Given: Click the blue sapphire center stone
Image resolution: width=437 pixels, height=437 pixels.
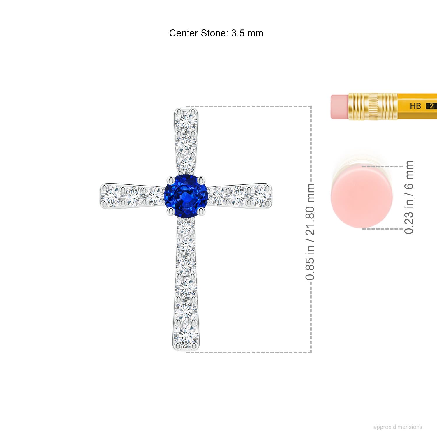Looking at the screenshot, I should (x=186, y=195).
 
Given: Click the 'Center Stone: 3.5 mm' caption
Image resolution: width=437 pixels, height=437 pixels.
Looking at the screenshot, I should (x=216, y=33).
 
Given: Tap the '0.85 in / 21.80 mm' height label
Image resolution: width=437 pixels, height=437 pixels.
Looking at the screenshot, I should (x=310, y=232).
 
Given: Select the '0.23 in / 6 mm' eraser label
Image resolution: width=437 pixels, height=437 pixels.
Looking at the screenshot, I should (x=409, y=197).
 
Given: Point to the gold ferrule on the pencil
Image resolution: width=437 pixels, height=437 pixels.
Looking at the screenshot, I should (x=373, y=106).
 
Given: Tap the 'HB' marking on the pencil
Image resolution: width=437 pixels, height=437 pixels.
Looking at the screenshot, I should (x=415, y=106).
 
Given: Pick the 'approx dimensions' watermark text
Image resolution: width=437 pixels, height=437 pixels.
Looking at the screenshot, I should (x=398, y=427).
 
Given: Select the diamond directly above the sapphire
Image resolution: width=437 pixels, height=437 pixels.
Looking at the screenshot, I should (x=186, y=163).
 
